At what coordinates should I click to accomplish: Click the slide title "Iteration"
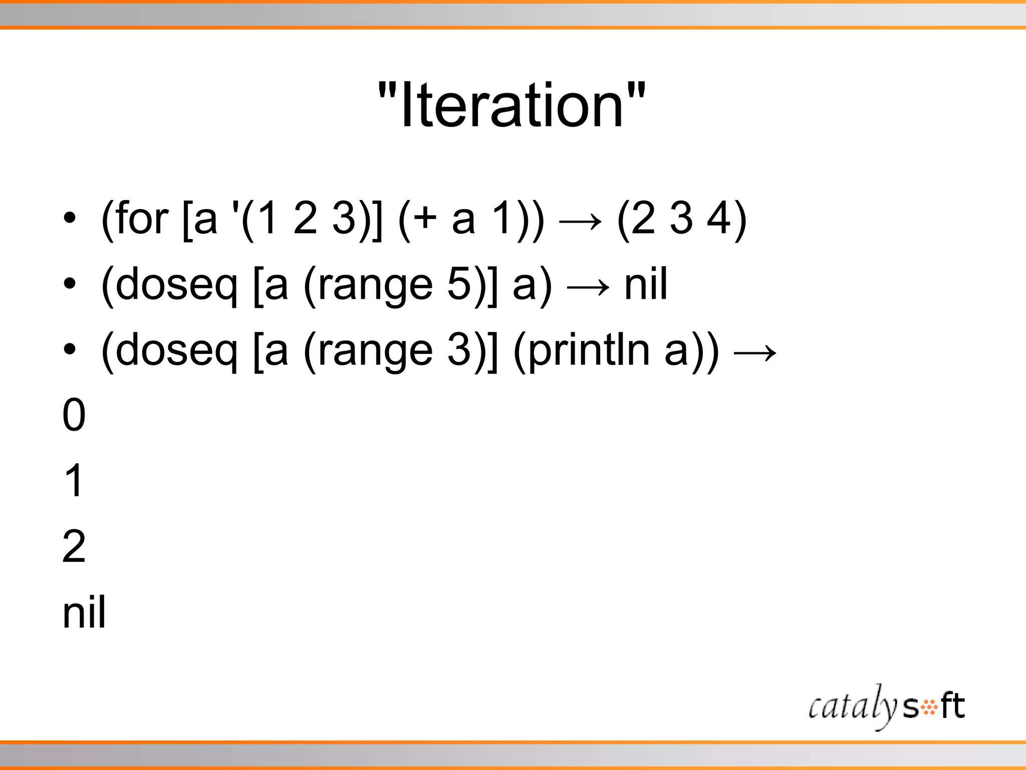point(511,105)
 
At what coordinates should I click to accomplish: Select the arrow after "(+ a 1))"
point(580,221)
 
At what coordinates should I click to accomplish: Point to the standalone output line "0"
point(74,415)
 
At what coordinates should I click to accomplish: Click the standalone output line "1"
point(74,480)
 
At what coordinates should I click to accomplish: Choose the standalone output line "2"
point(74,546)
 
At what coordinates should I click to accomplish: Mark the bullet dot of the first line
point(70,219)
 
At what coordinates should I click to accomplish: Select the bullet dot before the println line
point(70,349)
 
